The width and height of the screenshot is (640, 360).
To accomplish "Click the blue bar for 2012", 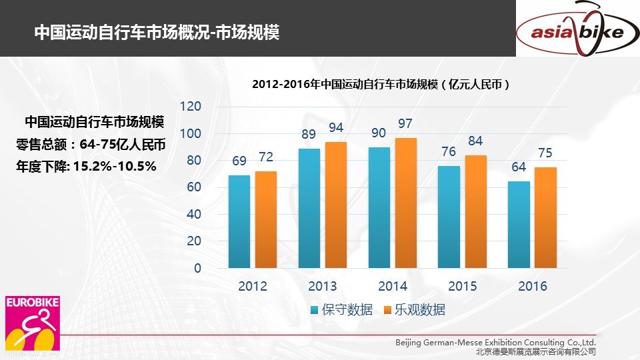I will click(x=239, y=221).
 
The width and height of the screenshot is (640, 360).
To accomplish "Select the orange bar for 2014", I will click(x=405, y=203).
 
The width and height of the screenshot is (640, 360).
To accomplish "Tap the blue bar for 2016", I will click(x=519, y=225).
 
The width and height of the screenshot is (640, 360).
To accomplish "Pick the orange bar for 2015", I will click(x=475, y=211).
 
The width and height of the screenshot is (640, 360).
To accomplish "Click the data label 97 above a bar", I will click(x=405, y=125).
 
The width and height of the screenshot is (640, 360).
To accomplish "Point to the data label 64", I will click(x=519, y=167).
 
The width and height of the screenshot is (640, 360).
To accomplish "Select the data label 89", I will click(x=309, y=135).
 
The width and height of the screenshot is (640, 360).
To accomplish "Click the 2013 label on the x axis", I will click(x=322, y=287).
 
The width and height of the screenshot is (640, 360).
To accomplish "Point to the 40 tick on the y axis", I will click(x=193, y=215).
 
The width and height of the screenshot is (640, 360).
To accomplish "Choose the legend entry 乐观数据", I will click(x=414, y=310).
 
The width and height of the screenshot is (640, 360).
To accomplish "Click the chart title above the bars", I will click(x=381, y=85).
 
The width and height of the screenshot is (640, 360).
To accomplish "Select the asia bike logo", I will click(x=577, y=30).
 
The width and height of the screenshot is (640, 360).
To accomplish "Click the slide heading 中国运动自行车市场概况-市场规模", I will click(x=157, y=33).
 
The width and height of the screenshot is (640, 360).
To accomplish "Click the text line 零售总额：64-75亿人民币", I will click(x=90, y=145).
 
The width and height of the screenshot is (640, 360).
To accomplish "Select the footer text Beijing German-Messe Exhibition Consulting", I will click(x=495, y=343).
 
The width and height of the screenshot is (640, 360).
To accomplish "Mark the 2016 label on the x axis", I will click(x=532, y=287).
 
